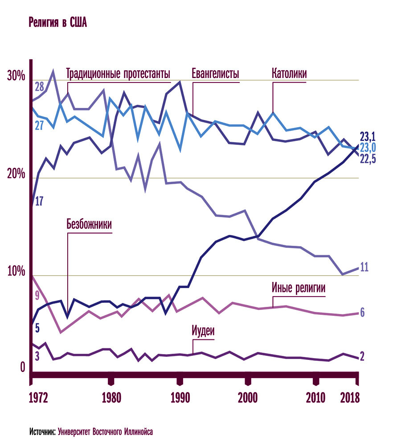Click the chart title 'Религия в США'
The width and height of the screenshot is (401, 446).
point(58,23)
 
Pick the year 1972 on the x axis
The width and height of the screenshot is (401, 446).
point(39,398)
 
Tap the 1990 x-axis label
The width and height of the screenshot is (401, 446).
point(180,398)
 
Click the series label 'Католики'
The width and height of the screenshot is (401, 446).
point(289,74)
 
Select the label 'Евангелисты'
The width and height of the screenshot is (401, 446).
point(216,74)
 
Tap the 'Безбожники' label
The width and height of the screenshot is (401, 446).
point(89,224)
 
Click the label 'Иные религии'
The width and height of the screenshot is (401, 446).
point(299,288)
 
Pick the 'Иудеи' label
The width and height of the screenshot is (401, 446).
point(203,331)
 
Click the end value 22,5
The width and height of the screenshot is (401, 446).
point(368,159)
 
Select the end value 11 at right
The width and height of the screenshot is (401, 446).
point(364,268)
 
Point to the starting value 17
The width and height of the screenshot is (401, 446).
point(39,201)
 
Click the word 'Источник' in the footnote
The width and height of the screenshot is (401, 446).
point(43,432)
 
